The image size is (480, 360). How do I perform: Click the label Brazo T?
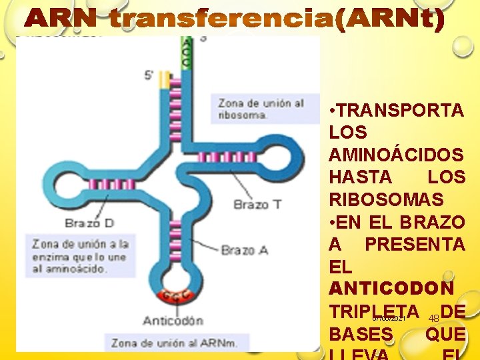[x=257, y=204]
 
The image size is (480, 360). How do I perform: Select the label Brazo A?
[x=244, y=250]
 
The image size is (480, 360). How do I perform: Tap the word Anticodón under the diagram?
[x=173, y=320]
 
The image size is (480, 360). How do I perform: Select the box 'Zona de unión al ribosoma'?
[x=260, y=109]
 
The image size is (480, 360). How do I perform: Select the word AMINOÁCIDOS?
[x=396, y=155]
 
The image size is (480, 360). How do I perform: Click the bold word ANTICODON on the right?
[x=391, y=289]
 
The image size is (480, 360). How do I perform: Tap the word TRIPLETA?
[x=373, y=311]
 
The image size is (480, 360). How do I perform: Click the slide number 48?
[x=433, y=319]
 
